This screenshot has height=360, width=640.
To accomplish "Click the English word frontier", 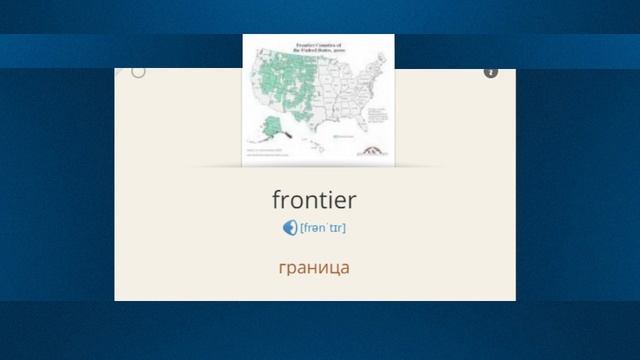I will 314,200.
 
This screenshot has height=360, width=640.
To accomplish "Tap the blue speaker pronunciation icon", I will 290,227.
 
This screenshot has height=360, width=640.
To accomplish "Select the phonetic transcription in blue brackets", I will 323,228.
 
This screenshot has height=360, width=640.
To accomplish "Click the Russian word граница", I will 314,268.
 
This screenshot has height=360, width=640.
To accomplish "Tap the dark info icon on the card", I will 491,72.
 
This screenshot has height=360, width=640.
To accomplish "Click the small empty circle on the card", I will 138,71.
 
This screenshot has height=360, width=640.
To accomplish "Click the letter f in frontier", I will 276,200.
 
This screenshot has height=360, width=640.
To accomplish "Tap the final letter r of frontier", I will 352,200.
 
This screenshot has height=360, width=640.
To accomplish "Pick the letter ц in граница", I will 333,269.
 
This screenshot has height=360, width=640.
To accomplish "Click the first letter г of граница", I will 282,269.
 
